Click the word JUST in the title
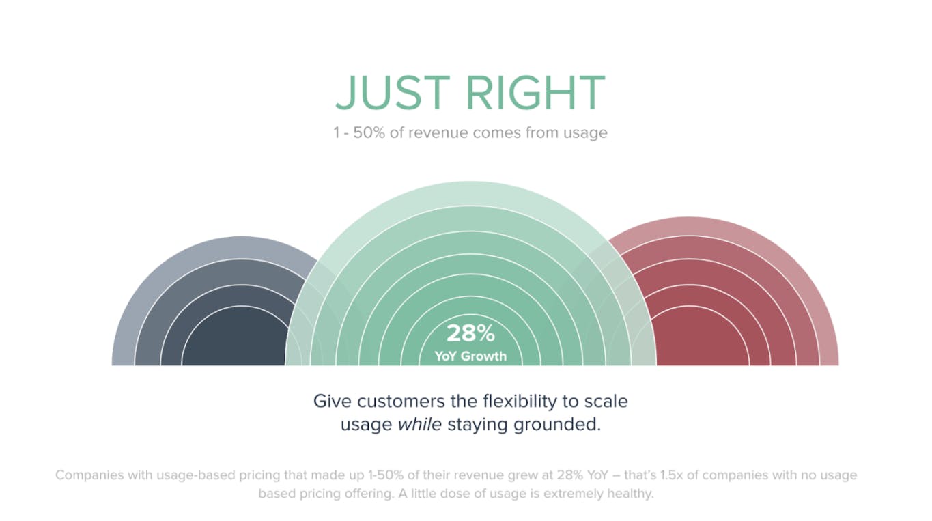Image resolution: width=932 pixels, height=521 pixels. coord(393,93)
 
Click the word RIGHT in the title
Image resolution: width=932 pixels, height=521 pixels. coord(535,93)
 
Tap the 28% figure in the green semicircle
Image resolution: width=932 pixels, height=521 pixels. coord(470,333)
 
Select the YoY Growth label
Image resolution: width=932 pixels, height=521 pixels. coord(470,356)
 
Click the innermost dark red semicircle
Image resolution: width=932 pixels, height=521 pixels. coord(699,337)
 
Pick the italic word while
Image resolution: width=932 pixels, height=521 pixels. coord(419,425)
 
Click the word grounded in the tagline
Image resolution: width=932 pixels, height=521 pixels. coord(557,425)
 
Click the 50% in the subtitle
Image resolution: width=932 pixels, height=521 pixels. coord(369,132)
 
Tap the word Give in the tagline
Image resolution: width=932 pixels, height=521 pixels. coord(333,402)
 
